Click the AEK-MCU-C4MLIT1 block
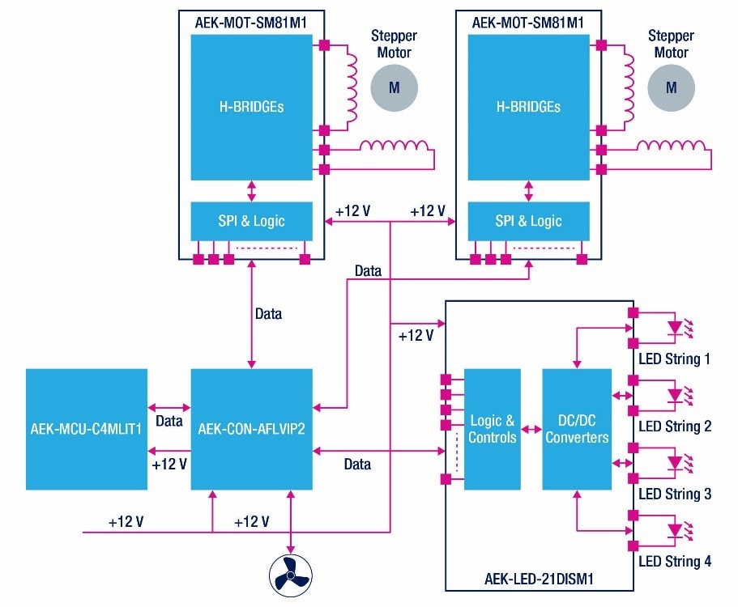(x=87, y=429)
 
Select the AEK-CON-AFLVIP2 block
(x=251, y=429)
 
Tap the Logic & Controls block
(x=493, y=429)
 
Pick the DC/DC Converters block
(x=577, y=429)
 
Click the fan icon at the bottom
(x=290, y=575)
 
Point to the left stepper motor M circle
(x=394, y=87)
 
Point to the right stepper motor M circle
(x=671, y=87)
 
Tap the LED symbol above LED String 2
(x=677, y=396)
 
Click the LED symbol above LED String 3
(x=677, y=463)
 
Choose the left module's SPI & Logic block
(x=251, y=221)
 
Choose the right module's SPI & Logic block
(x=528, y=221)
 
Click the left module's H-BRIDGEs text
(x=251, y=106)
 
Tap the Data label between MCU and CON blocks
(x=169, y=422)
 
